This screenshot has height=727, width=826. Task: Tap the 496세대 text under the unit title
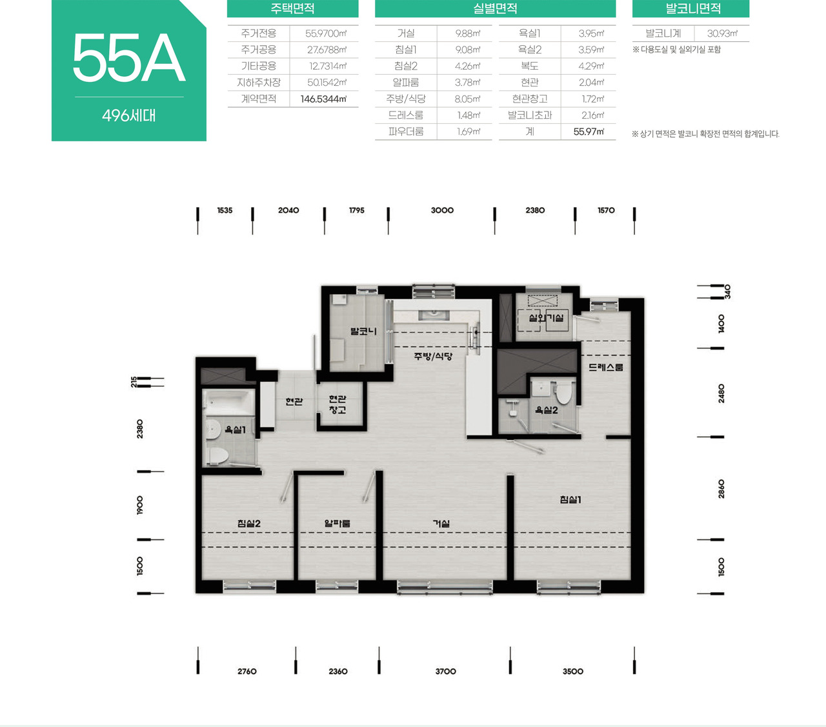coord(129,115)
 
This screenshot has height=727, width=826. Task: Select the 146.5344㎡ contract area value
coord(324,99)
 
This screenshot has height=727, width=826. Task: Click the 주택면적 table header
coord(292,8)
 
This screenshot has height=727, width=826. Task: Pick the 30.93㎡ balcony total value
coord(723,34)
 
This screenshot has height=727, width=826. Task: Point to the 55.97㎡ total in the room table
coord(589,132)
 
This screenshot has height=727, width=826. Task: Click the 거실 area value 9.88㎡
coord(468,34)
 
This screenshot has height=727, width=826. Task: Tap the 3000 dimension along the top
coord(442,210)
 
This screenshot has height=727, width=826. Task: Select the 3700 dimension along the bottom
coord(446,671)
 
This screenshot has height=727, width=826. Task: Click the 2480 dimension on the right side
coord(721,393)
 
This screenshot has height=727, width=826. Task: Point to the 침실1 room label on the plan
coord(570,499)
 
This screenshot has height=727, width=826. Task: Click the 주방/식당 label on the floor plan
coord(433,356)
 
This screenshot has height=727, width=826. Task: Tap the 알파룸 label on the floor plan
coord(337,523)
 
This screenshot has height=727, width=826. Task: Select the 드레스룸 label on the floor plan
coord(605,367)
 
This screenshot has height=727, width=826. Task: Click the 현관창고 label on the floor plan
coord(337,404)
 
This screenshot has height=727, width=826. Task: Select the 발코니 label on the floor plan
coord(364,331)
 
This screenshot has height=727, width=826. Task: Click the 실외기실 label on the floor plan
coord(547,317)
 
